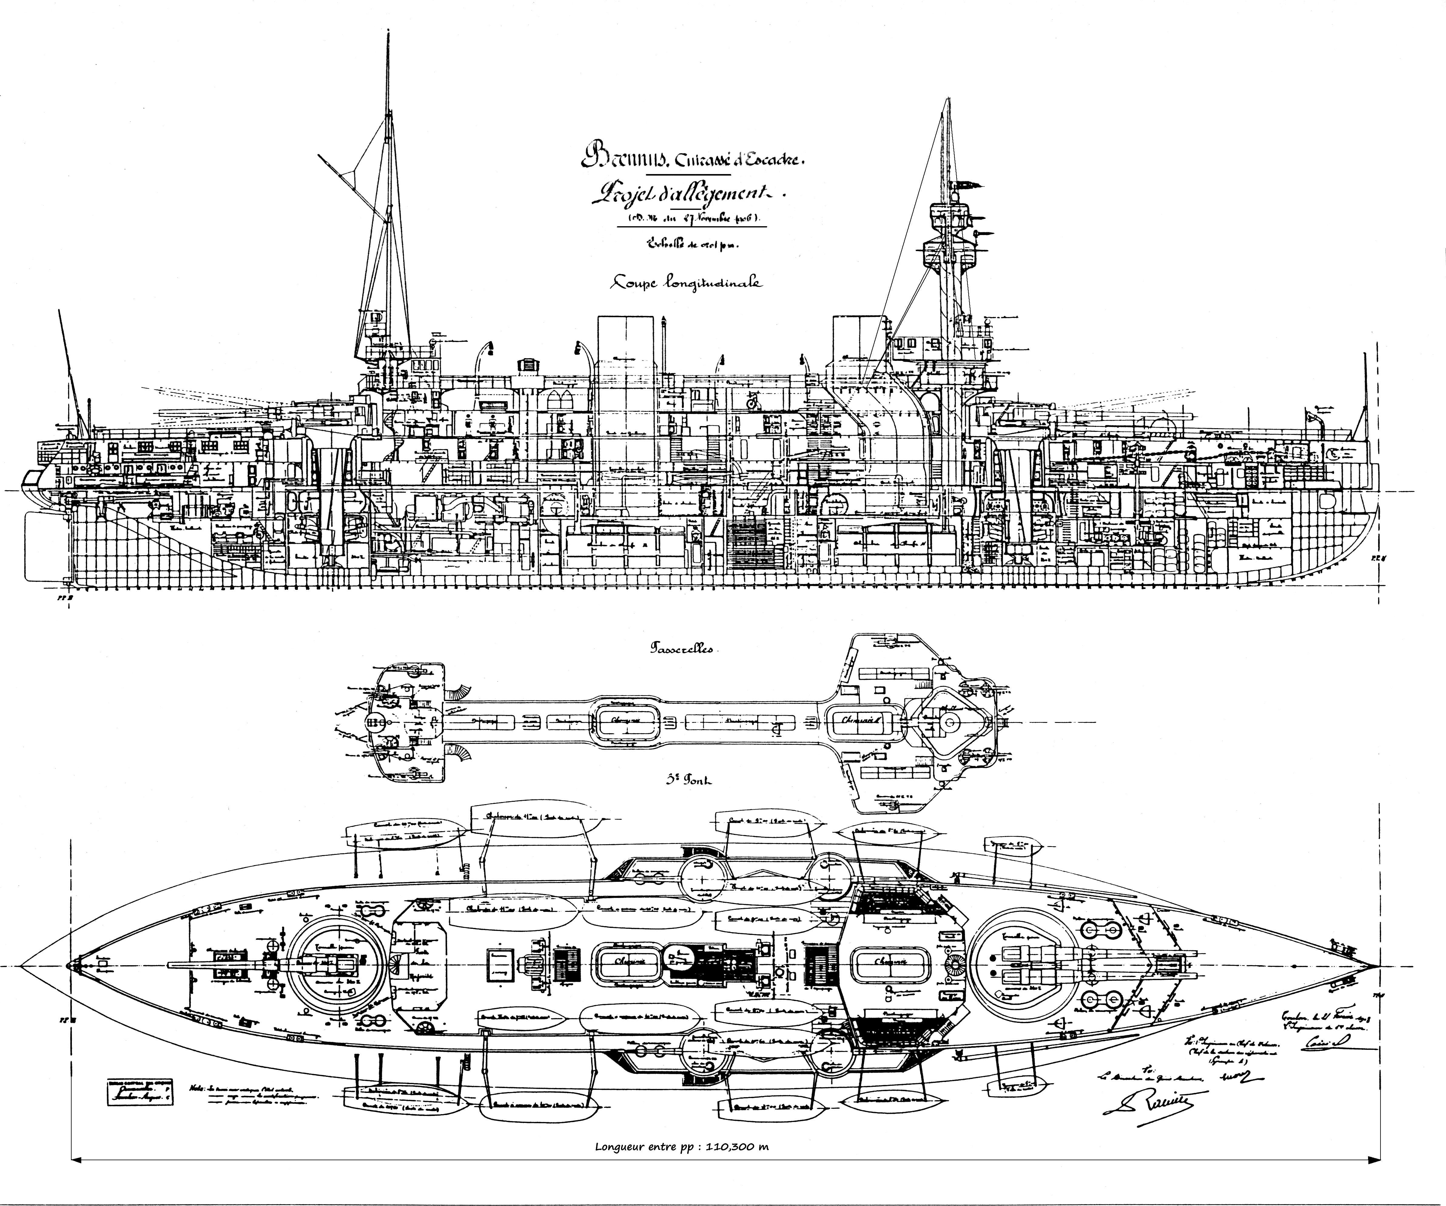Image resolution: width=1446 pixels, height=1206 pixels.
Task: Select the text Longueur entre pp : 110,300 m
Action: pos(682,1147)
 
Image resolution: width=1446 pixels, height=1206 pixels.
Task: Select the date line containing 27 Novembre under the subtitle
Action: pos(695,219)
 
